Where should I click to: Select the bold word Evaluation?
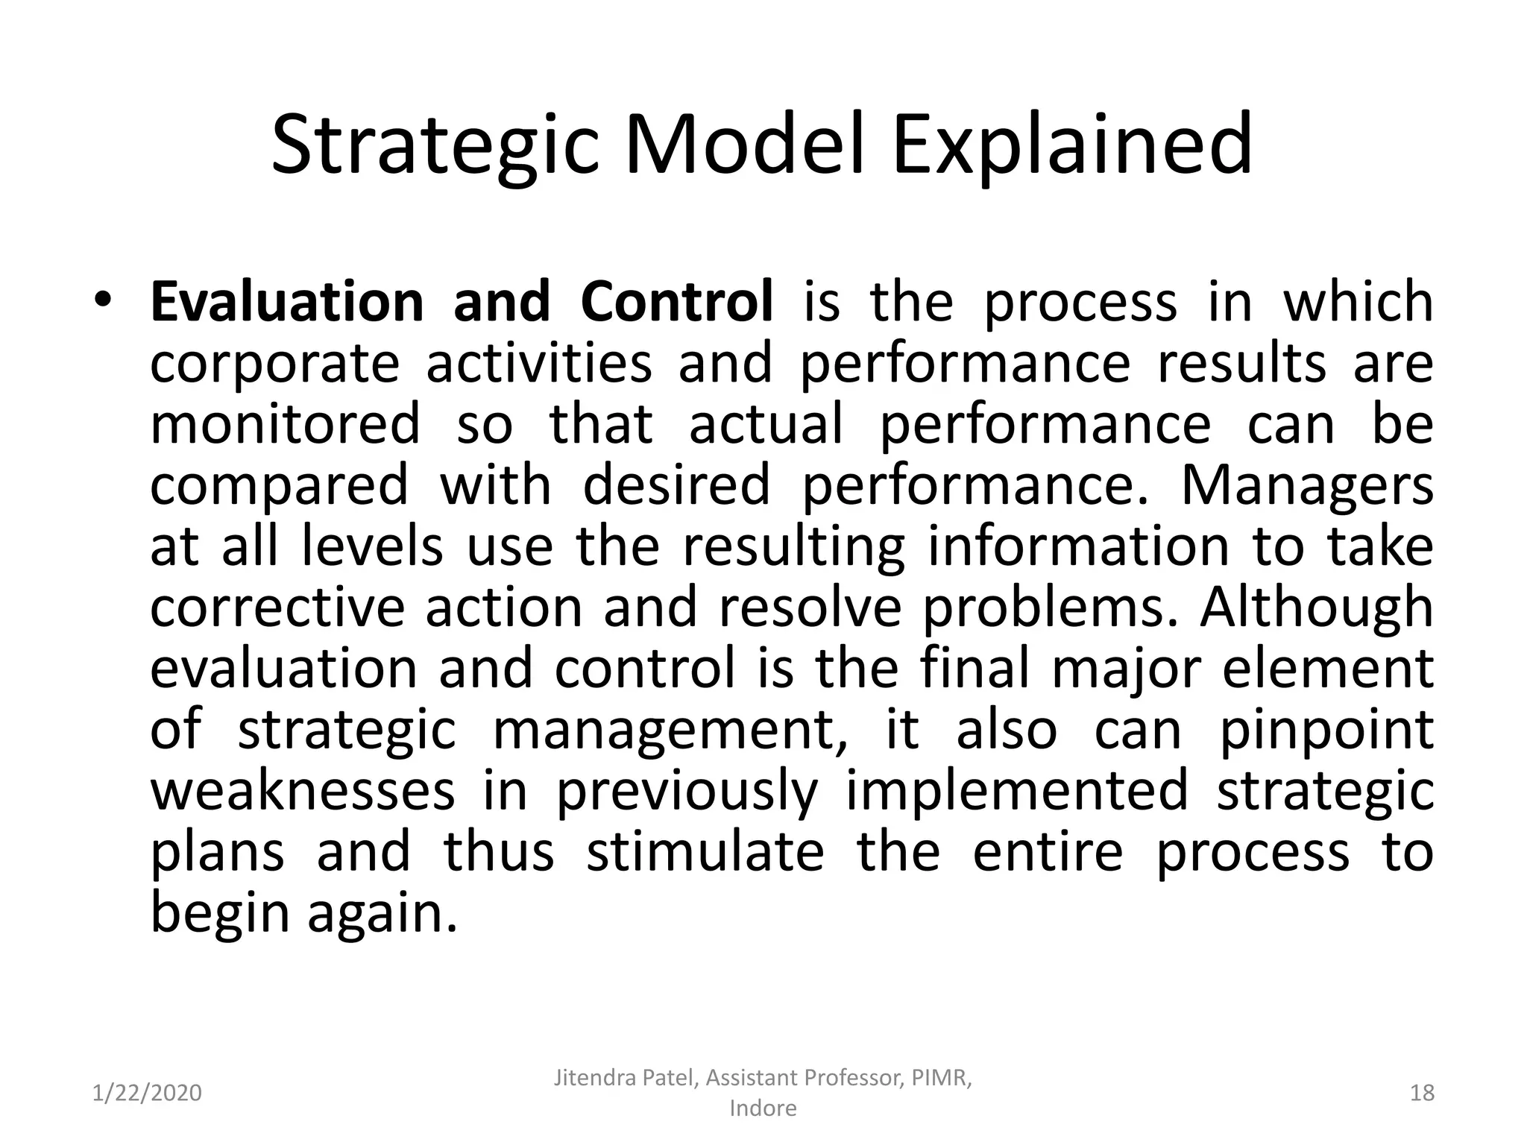(287, 302)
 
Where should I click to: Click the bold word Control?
(677, 302)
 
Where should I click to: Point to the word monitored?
(286, 423)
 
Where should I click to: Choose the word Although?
(1317, 607)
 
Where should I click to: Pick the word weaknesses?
(303, 791)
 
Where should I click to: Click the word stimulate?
(705, 852)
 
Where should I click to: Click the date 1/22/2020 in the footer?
(148, 1093)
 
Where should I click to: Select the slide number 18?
(1423, 1093)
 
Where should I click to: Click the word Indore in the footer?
(763, 1108)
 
